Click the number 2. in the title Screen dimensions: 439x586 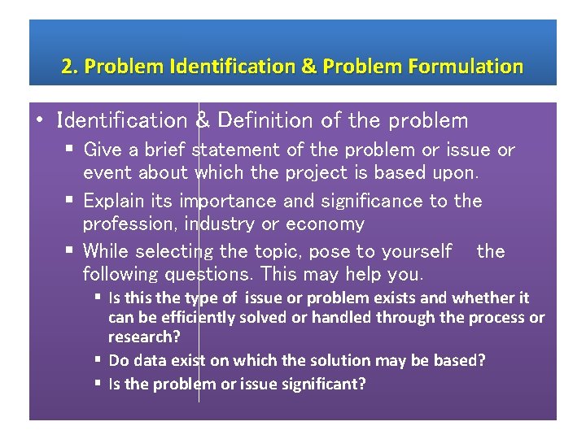[69, 67]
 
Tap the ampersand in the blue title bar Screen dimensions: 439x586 [308, 67]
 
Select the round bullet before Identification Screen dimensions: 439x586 [39, 121]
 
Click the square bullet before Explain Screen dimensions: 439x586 [72, 201]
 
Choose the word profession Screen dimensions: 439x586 [128, 223]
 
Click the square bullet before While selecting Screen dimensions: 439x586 [72, 251]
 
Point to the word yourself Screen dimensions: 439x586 [413, 251]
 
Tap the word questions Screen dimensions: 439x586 [207, 273]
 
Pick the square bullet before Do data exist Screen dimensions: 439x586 [98, 359]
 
